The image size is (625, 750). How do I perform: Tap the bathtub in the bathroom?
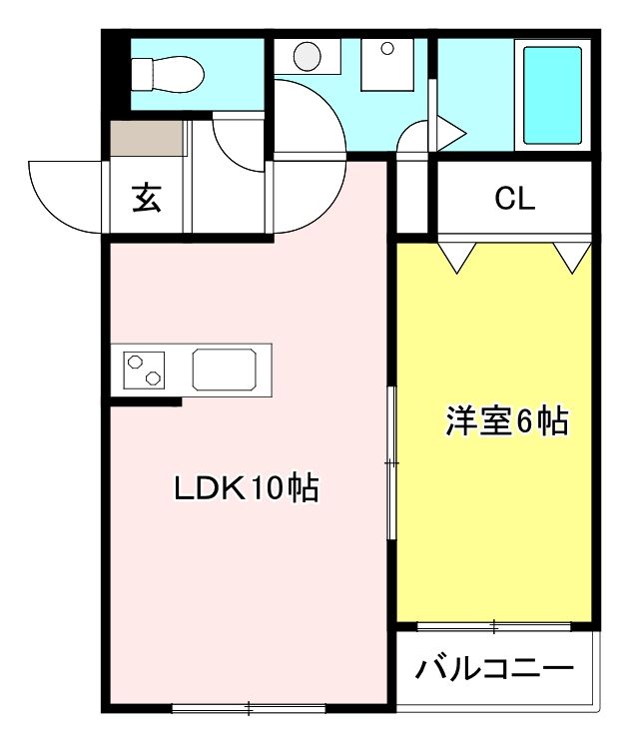click(552, 93)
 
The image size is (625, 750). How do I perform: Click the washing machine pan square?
click(392, 66)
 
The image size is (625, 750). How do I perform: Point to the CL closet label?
click(515, 199)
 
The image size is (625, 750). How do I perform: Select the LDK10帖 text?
click(246, 488)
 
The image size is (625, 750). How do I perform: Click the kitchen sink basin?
click(228, 370)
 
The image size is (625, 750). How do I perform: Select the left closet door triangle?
click(457, 257)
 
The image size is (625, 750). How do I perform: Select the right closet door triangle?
click(572, 257)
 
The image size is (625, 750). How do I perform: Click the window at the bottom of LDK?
click(249, 709)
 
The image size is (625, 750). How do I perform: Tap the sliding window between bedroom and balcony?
click(494, 626)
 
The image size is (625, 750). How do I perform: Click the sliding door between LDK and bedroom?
click(392, 464)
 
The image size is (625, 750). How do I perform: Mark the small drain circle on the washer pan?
click(387, 47)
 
